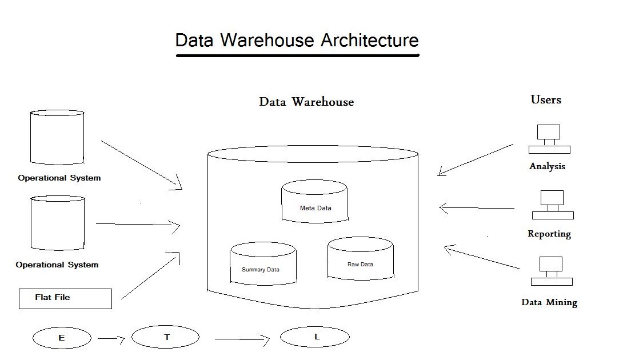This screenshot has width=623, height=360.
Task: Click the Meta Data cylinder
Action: click(315, 202)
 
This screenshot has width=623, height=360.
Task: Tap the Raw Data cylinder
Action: click(360, 260)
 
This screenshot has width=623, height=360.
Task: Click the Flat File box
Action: click(65, 298)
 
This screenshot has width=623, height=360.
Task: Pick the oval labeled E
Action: click(62, 338)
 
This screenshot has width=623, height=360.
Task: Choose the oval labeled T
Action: click(166, 337)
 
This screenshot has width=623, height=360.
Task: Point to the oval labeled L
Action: click(315, 337)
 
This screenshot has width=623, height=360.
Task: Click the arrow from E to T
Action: click(111, 339)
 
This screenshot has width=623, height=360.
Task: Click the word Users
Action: click(546, 99)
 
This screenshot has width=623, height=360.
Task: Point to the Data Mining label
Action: click(549, 302)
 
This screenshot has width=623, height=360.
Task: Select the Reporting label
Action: click(549, 234)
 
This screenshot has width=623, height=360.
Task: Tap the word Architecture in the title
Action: click(369, 41)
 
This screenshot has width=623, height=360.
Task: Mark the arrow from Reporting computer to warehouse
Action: click(477, 209)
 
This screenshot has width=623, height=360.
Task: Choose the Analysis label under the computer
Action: click(547, 166)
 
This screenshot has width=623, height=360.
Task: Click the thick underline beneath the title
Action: click(297, 55)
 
